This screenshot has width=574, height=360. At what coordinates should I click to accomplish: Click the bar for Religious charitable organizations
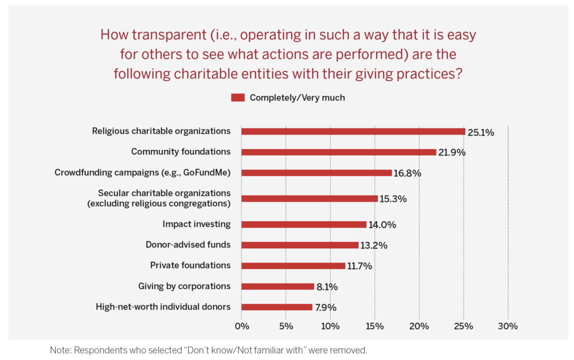coord(353,131)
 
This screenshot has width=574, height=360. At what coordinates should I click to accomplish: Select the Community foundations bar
coord(339,152)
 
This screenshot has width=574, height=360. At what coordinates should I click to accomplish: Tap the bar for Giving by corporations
coord(277,287)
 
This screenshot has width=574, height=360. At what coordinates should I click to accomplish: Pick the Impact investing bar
coord(304,224)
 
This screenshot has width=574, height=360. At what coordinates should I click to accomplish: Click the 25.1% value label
coord(482,133)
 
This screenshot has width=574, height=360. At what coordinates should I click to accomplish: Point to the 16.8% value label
coord(408,173)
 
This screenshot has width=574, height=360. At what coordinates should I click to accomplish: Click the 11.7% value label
coord(360,266)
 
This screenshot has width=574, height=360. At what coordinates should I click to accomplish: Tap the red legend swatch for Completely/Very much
coord(238,98)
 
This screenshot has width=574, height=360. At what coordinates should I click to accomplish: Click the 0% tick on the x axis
coord(242,326)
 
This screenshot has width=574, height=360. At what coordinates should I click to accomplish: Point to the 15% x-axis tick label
coord(374,326)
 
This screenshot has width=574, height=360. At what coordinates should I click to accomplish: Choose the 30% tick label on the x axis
coord(508,326)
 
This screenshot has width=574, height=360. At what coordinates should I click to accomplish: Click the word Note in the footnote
coord(61,350)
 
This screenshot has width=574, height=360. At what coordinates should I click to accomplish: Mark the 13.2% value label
coord(373,246)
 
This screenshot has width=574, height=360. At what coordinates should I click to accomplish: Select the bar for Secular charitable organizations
coord(309,199)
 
